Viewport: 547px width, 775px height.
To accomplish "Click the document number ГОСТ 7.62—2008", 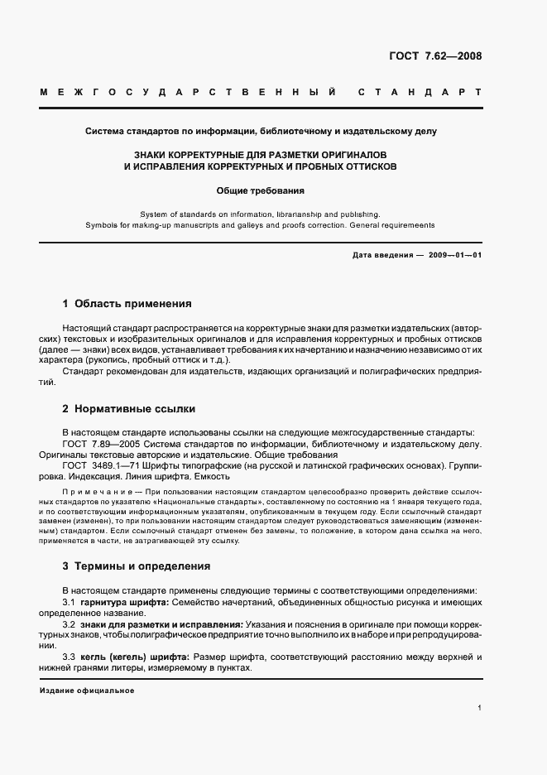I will tap(435, 57).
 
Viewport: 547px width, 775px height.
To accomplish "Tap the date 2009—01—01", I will tap(456, 255).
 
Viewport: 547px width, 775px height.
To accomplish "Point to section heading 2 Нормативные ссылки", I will tap(128, 409).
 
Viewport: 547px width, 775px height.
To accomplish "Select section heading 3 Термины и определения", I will tap(137, 566).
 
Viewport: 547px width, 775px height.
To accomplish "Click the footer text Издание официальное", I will tap(86, 691).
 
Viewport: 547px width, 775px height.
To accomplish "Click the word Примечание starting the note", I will tap(91, 492).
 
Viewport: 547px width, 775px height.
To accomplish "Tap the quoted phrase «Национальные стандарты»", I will tap(202, 502).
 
